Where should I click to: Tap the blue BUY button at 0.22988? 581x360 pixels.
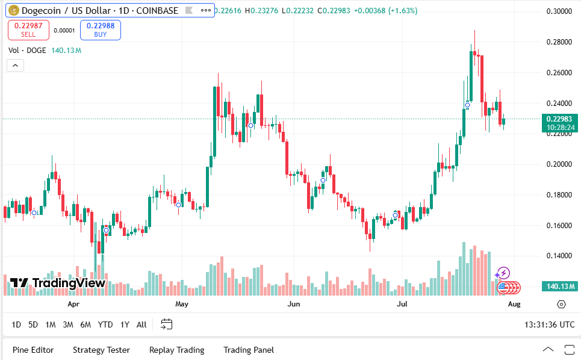(x=101, y=29)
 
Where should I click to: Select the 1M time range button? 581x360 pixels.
(x=51, y=324)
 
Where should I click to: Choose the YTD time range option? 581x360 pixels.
(x=105, y=324)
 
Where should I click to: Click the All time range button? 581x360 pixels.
(x=141, y=324)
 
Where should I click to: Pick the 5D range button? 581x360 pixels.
(x=33, y=324)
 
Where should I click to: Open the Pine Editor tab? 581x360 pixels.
(x=33, y=350)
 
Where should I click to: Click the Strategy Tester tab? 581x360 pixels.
(x=101, y=350)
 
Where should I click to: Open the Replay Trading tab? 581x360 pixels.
(x=176, y=350)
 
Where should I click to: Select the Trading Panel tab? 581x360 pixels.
(x=249, y=350)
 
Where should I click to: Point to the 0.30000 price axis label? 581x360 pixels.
(x=559, y=11)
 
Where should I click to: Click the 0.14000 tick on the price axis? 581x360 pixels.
(x=559, y=256)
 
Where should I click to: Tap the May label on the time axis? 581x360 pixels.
(x=182, y=305)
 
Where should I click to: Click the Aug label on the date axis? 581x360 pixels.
(x=514, y=305)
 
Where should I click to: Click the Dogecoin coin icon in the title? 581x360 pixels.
(x=12, y=10)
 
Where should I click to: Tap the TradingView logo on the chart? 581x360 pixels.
(x=58, y=283)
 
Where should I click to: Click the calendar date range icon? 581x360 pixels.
(x=167, y=324)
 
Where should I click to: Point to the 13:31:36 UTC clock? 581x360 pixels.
(x=550, y=324)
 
